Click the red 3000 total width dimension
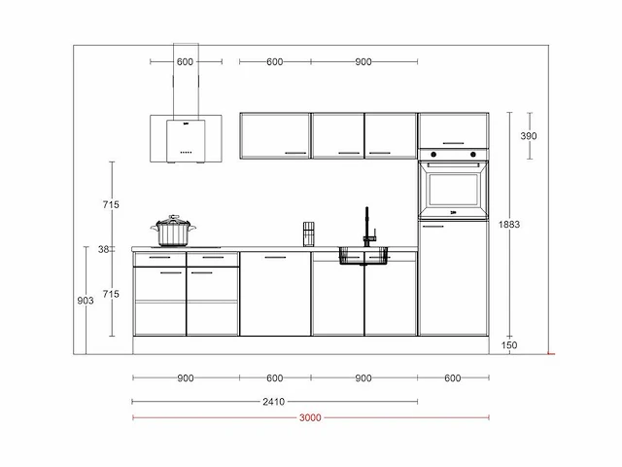(x=310, y=417)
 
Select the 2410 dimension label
(x=274, y=402)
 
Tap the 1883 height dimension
(x=509, y=225)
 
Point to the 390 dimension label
(x=529, y=136)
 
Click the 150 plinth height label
(x=509, y=345)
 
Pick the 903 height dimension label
(x=86, y=301)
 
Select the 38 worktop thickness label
(x=104, y=249)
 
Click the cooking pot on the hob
(x=173, y=231)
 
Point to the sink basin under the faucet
(x=363, y=256)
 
